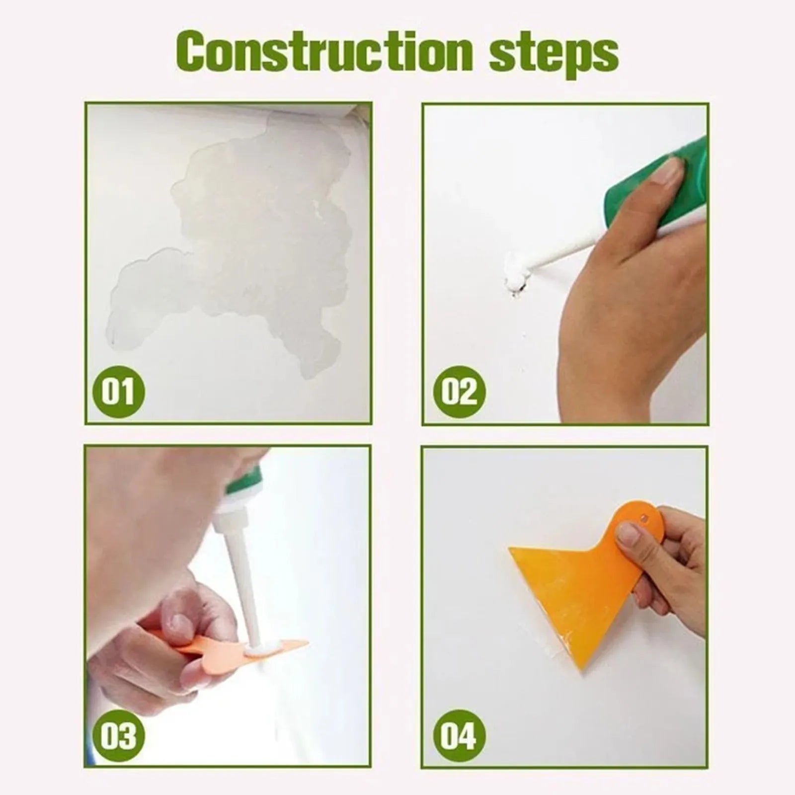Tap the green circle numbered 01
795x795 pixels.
point(118,392)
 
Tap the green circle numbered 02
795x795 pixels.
point(458,392)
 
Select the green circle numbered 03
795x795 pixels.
point(118,735)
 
